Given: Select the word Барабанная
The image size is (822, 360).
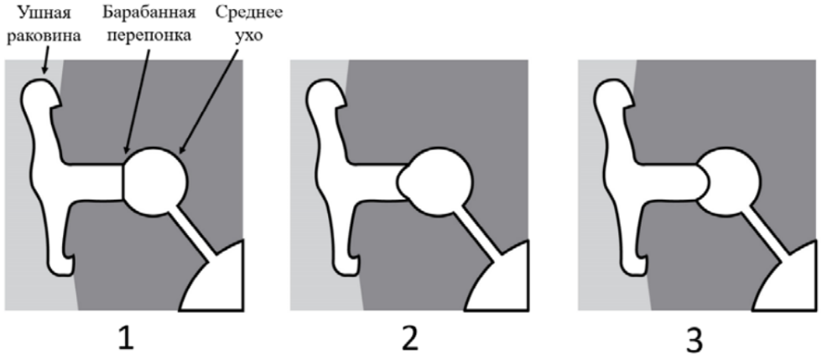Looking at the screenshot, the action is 149,13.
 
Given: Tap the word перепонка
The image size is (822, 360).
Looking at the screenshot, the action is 149,36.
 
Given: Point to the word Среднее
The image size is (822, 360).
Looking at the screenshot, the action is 249,13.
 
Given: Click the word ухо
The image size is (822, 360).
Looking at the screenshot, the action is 249,37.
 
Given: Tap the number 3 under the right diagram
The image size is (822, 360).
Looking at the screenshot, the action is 695,339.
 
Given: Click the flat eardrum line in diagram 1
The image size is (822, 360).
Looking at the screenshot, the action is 124,181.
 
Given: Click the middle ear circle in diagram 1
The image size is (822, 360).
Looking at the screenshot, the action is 156,181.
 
